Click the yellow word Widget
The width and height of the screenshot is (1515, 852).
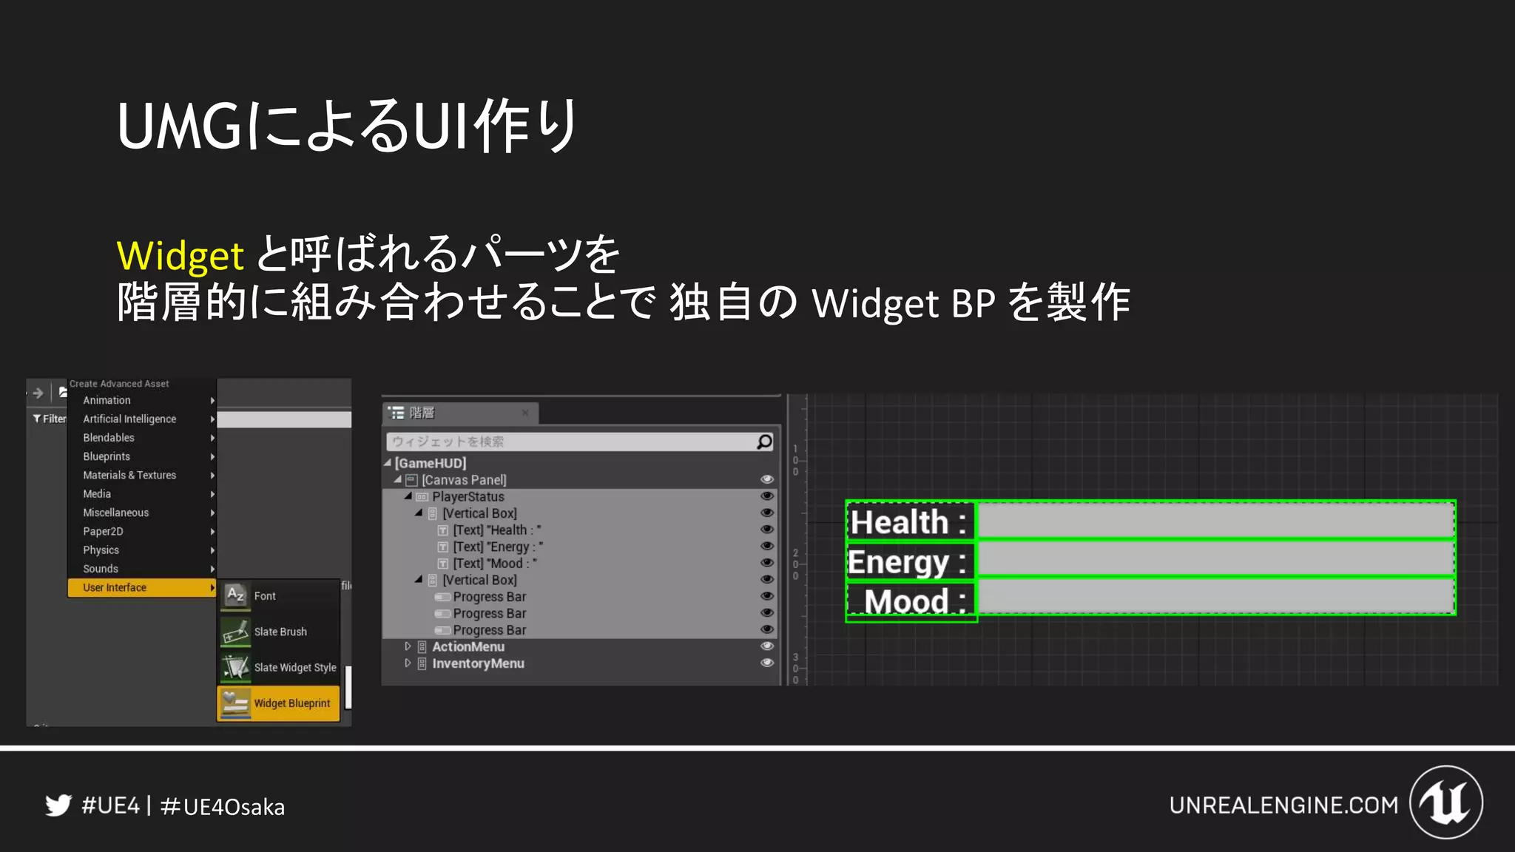(x=180, y=256)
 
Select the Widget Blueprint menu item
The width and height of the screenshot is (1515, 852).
(x=291, y=703)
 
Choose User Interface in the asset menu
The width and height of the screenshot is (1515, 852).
(x=115, y=588)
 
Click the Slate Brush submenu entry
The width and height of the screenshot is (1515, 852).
(x=280, y=632)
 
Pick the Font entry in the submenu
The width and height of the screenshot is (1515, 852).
(x=264, y=596)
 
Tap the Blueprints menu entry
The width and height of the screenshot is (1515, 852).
(x=107, y=456)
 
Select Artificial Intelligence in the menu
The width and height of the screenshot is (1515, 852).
(x=129, y=419)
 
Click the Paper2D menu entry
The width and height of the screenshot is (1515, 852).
(x=103, y=532)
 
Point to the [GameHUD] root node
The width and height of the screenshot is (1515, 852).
(x=431, y=463)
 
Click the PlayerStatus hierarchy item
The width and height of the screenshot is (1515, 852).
(x=468, y=497)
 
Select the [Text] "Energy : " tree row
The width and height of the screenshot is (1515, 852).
(x=497, y=547)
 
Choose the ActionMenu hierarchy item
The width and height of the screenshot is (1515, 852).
(x=468, y=647)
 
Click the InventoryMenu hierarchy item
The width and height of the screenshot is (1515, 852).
(x=478, y=664)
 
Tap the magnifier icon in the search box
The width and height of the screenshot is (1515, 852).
(x=764, y=442)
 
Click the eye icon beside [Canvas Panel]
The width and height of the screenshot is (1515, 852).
(x=767, y=480)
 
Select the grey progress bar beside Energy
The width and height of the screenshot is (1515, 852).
(x=1215, y=560)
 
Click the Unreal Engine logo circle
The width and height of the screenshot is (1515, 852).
(x=1445, y=802)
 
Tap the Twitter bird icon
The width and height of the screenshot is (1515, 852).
(x=58, y=805)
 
